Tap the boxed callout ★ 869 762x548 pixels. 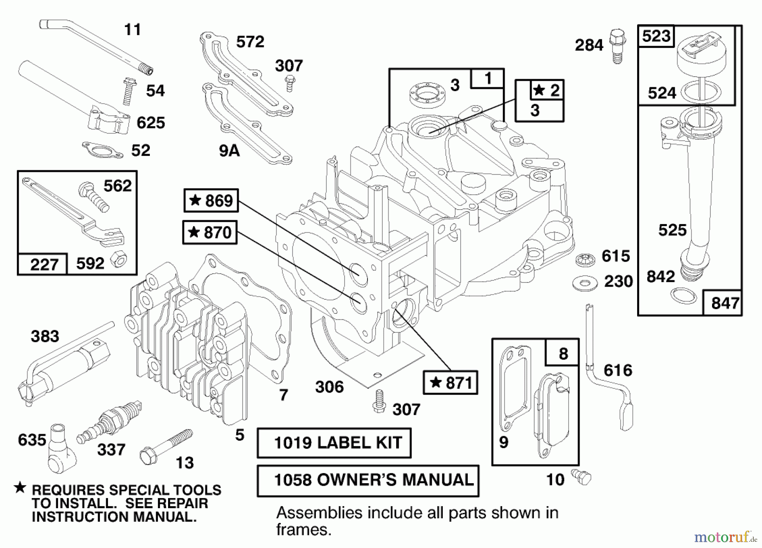coord(211,200)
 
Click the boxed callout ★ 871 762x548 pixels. coord(450,383)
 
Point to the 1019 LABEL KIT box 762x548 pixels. coord(334,443)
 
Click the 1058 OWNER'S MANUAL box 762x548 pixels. coord(368,480)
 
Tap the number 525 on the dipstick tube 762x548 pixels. coord(672,230)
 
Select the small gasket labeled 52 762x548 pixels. coord(102,150)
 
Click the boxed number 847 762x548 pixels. coord(725,303)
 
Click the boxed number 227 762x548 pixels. coord(44,265)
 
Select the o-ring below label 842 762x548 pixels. coord(684,295)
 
